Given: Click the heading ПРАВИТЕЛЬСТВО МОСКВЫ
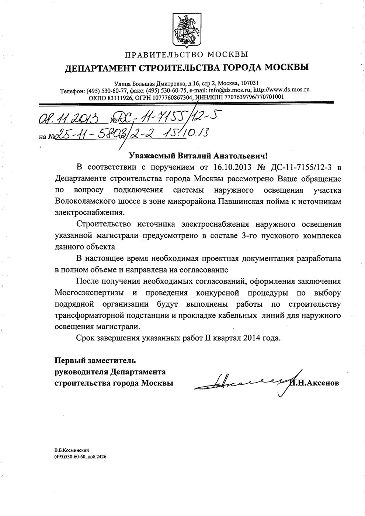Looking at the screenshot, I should click(186, 55).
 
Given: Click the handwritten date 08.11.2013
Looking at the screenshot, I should click(68, 119).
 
